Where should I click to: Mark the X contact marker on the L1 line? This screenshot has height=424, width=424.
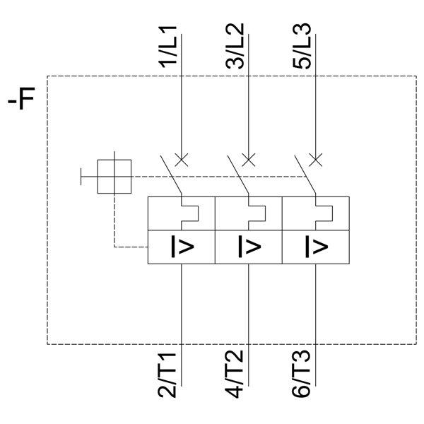point(182,158)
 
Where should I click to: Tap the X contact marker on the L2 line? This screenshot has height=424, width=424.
point(249,158)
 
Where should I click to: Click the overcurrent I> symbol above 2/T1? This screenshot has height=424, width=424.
point(181,247)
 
